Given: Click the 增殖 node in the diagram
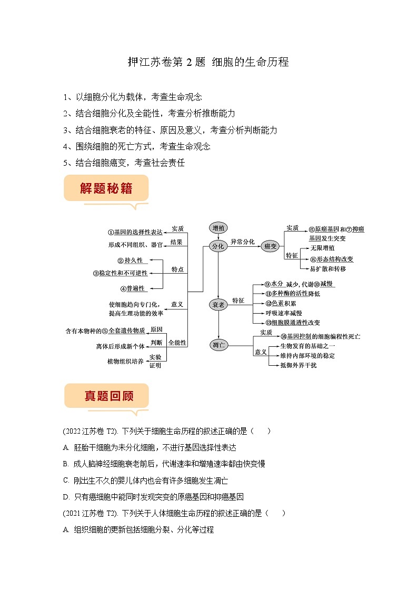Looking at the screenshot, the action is (218, 228).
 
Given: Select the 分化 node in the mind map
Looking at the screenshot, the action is (218, 246).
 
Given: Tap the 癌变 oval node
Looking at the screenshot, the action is (271, 246).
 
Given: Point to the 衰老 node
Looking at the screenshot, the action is (218, 305).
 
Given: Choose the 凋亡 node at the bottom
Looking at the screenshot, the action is (218, 345).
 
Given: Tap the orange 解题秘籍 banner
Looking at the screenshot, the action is (106, 188).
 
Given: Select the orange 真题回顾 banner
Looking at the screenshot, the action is (106, 396).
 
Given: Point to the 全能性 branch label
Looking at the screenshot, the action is (177, 343).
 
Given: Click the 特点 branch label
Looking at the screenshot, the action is (177, 269).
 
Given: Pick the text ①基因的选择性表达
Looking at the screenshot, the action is (135, 232).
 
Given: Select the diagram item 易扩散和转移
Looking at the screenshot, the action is (327, 269).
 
